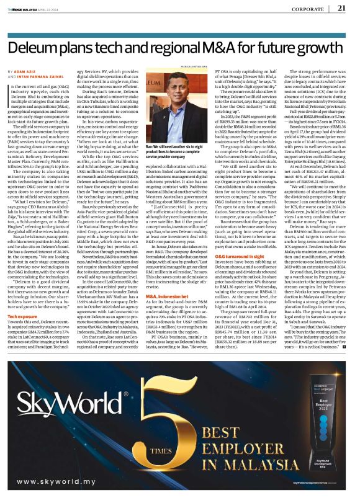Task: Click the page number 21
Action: (341, 8)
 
